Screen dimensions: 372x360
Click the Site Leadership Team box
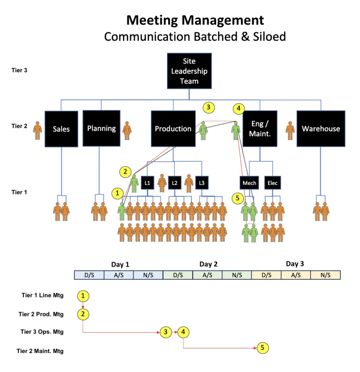(189, 71)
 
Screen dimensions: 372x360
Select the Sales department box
(61, 129)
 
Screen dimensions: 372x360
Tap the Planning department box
(101, 128)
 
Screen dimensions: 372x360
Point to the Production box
(173, 129)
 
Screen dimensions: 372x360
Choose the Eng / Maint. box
(260, 129)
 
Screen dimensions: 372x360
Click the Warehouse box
(321, 129)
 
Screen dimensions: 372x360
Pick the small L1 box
(147, 183)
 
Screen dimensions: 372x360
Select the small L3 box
(202, 183)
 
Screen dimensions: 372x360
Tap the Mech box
(249, 183)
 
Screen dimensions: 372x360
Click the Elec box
(272, 183)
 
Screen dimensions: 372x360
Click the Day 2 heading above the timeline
(208, 264)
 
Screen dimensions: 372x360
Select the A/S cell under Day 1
(119, 275)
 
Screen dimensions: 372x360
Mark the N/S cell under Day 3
(325, 275)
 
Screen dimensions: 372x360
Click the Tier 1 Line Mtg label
(43, 295)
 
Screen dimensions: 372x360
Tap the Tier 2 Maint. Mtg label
(40, 351)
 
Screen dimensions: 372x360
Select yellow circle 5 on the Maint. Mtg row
(262, 348)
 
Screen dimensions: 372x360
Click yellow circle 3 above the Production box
(209, 107)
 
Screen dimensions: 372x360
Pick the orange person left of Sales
(37, 131)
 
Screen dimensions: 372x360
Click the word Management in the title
(225, 20)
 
